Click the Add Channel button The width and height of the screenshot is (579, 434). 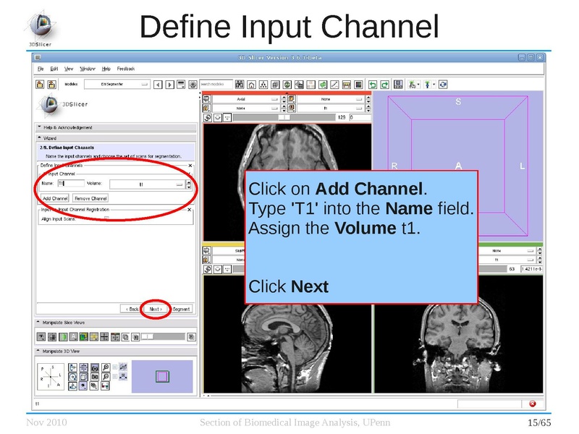coord(55,198)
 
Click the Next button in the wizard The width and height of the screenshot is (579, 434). coord(155,309)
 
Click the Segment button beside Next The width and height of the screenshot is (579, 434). coord(181,309)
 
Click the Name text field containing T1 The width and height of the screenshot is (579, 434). coord(70,184)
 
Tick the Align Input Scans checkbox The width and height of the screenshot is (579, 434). coord(107,219)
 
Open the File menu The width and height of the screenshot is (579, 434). coord(41,69)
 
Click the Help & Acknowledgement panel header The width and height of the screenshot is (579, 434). coord(68,128)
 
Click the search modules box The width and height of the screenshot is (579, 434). coord(216,84)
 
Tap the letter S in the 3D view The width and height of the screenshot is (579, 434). coord(458,102)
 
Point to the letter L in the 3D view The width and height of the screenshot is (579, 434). coord(522,166)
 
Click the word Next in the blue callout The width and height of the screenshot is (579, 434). coord(310,287)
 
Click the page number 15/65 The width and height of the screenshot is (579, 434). coord(539,422)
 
